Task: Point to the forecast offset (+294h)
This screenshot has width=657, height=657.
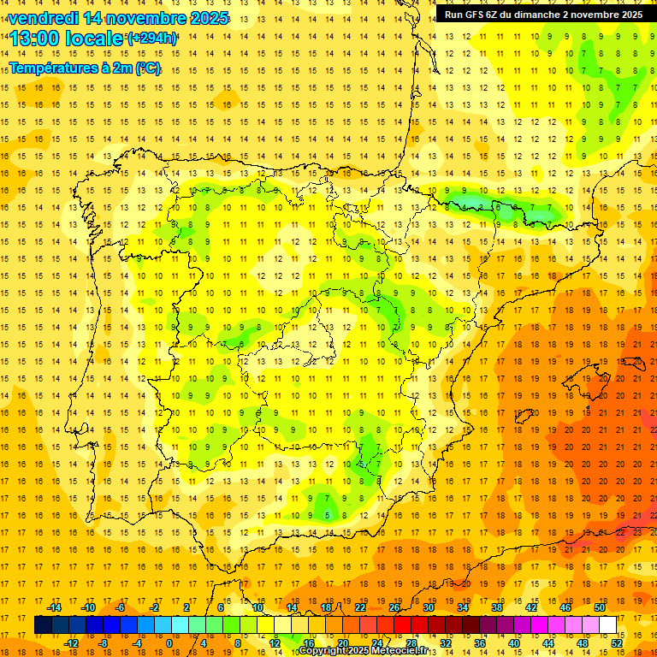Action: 152,38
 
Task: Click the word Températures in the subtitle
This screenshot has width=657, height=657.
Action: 54,67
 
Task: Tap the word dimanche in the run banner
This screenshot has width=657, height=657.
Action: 545,15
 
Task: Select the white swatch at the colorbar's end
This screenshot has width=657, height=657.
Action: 607,625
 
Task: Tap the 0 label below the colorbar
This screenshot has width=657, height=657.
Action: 169,643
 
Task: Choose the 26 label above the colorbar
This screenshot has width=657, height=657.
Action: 394,607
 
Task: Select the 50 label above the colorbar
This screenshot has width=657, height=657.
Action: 600,607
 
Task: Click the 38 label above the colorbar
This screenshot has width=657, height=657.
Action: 497,607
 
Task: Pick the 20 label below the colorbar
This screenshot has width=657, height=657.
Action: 342,643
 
